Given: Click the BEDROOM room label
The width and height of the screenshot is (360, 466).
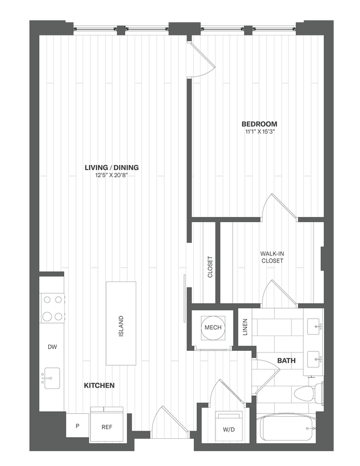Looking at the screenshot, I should (x=259, y=124).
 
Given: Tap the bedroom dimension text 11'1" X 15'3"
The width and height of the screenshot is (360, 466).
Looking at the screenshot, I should (x=259, y=132).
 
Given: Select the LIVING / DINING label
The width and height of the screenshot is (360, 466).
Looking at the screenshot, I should (x=111, y=167).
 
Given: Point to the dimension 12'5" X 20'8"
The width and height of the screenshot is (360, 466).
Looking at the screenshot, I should (x=111, y=176).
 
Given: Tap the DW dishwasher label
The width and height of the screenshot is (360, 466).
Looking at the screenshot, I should (x=52, y=347).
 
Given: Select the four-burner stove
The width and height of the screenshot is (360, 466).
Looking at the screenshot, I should (x=52, y=308).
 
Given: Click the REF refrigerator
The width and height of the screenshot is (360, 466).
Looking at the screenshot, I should (x=107, y=427).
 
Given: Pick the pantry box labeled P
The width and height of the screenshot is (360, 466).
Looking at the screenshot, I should (x=77, y=427).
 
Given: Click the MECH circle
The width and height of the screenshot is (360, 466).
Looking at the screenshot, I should (x=213, y=327).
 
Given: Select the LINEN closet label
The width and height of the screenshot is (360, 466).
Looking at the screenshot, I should (x=245, y=327).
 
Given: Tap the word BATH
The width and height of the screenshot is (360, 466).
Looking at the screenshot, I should (x=286, y=361).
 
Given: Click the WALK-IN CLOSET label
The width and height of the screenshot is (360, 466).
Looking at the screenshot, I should (x=272, y=257).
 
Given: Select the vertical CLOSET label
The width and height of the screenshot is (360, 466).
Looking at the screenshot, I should (x=210, y=267).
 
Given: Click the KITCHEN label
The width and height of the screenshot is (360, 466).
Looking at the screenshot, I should (x=99, y=385).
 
